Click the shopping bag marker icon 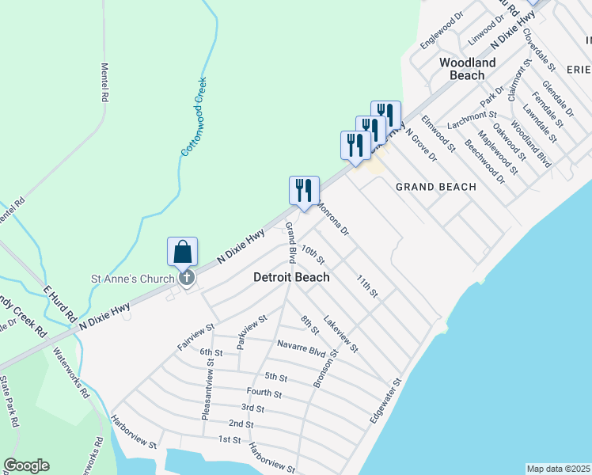point(182,253)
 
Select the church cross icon point(187,277)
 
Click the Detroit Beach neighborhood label point(291,278)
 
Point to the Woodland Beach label point(467,69)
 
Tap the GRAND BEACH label point(435,187)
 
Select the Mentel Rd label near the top point(104,82)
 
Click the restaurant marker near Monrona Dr point(304,191)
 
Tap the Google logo point(26,465)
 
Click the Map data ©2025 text point(558,469)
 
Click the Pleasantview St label point(210,388)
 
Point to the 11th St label point(367,286)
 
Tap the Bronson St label point(325,367)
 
